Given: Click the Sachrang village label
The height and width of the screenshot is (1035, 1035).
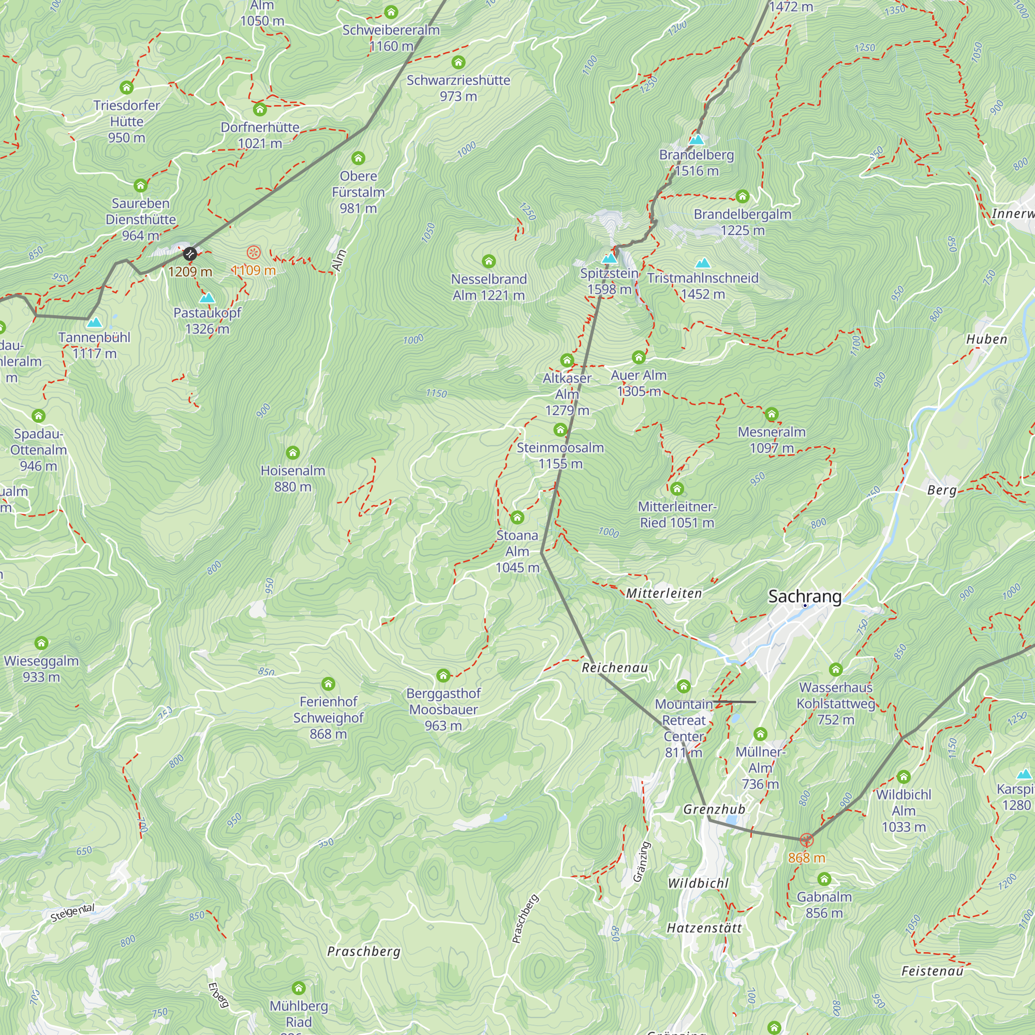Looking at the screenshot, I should [x=805, y=596].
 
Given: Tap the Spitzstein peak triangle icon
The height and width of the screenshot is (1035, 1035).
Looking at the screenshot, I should [x=609, y=259].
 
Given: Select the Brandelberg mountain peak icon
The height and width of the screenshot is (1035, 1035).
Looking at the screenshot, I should [x=697, y=140].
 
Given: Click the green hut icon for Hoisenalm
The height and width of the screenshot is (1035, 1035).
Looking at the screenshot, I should [x=292, y=453].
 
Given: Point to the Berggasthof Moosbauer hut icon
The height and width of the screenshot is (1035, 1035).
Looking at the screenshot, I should [x=443, y=675].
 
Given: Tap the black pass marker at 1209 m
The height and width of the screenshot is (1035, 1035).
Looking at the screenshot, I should [x=189, y=254].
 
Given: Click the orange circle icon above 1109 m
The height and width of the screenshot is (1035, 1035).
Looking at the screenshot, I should [x=254, y=252].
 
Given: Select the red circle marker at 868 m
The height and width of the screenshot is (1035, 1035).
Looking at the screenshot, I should [x=806, y=840].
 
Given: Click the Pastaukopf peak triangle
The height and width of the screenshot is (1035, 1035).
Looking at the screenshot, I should [x=207, y=299].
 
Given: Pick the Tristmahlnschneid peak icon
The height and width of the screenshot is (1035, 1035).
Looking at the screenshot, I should [x=703, y=263].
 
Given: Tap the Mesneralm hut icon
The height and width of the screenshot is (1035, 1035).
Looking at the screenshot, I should [x=772, y=413].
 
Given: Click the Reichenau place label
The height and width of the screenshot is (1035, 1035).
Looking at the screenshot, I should [x=614, y=668].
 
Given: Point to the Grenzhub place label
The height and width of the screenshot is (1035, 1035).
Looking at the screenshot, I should [x=714, y=809].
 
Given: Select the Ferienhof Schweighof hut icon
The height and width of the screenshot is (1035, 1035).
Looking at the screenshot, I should [x=329, y=684].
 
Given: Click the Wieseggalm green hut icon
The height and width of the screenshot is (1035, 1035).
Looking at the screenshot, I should [x=41, y=643].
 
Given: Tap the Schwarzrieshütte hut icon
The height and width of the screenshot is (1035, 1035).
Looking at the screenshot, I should [x=458, y=62].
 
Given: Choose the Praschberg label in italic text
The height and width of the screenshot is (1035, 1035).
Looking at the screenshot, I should [x=364, y=952].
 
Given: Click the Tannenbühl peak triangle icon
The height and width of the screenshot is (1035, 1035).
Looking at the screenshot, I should [x=94, y=322].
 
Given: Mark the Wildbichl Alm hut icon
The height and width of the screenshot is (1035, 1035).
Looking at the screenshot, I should [x=903, y=776].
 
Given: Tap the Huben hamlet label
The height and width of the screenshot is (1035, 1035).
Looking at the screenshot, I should [x=986, y=339].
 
